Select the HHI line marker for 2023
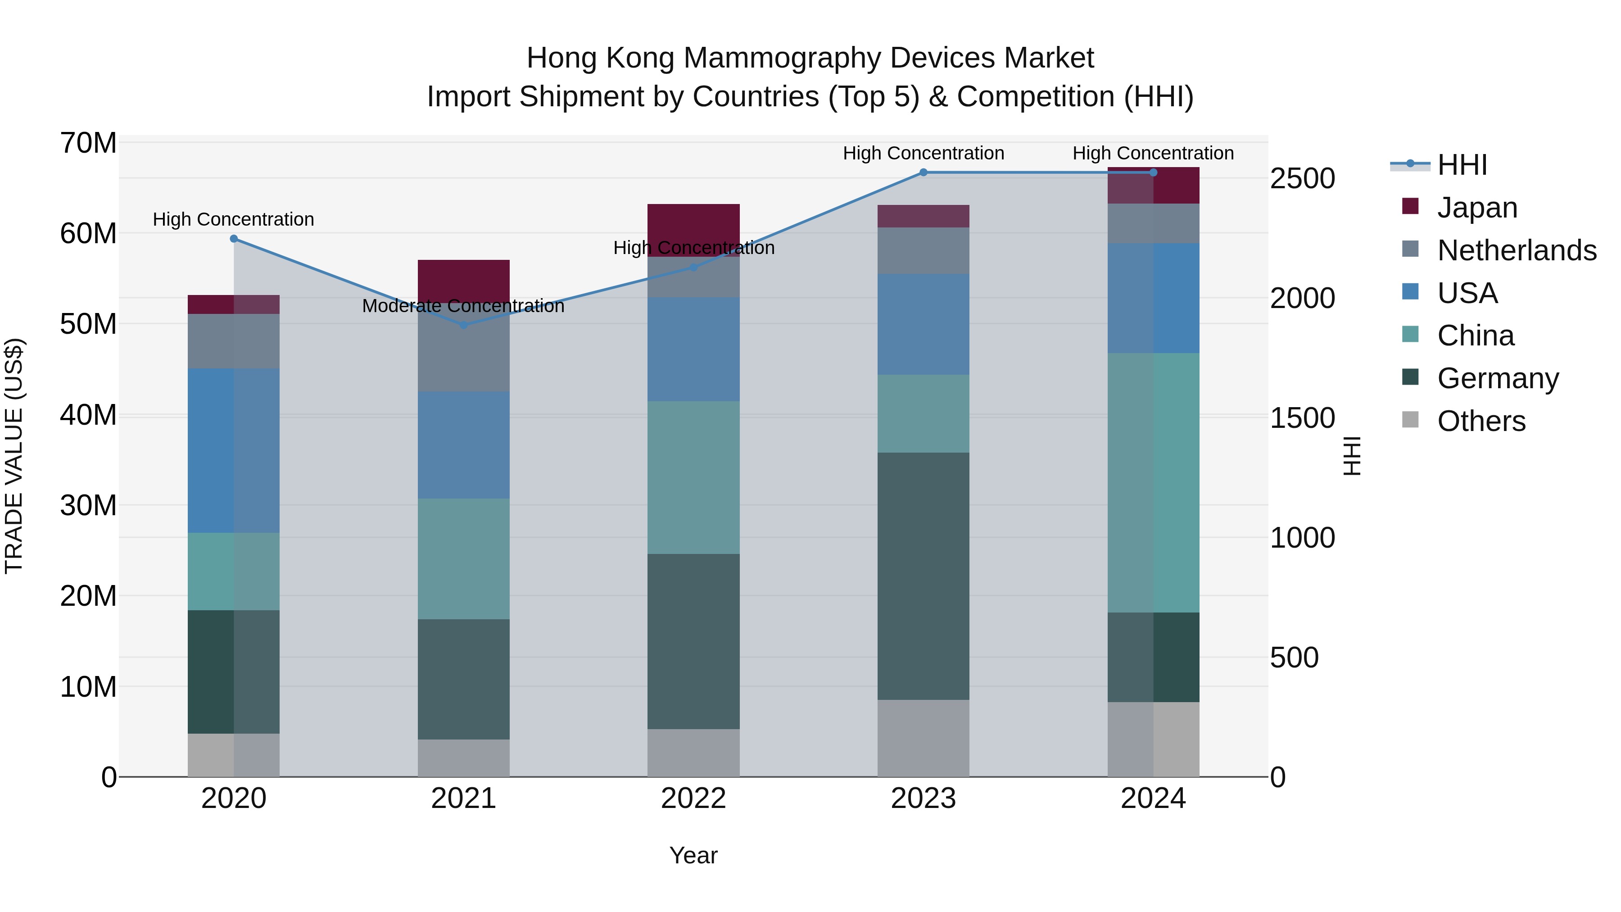coord(923,172)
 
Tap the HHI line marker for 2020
coord(233,239)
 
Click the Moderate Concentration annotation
coord(463,306)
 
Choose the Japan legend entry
coord(1477,208)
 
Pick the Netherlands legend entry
coord(1517,250)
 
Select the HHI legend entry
coord(1462,165)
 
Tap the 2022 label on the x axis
coord(693,799)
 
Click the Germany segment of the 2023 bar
coord(923,576)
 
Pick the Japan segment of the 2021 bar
coord(464,281)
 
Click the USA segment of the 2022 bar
coord(693,349)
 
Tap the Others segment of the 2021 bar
coord(464,758)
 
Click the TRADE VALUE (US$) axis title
coord(14,456)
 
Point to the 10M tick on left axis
coord(88,687)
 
